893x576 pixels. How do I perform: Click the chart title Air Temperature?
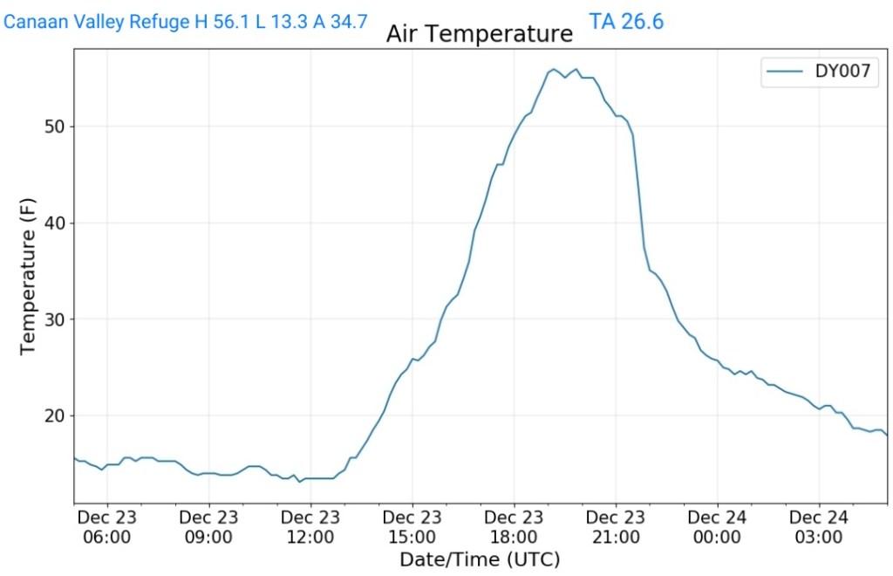pos(480,34)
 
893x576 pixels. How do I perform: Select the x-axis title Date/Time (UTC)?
pos(480,559)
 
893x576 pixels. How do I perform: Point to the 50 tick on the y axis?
pos(55,127)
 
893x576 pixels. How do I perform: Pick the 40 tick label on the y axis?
pos(55,223)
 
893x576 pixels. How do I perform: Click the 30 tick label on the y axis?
pos(55,319)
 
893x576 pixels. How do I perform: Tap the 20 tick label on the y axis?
pos(55,415)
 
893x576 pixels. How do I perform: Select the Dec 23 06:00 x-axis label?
pos(107,527)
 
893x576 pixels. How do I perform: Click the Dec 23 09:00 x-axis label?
pos(209,527)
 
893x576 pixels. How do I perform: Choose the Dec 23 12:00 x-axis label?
pos(310,527)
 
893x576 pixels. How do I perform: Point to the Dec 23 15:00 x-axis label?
pos(412,527)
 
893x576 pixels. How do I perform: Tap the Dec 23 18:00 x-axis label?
pos(514,527)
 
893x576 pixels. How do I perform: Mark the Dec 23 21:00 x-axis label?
pos(616,527)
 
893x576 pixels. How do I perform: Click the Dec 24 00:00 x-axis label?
pos(717,527)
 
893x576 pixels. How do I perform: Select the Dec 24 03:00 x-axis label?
pos(819,527)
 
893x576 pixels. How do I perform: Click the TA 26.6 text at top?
pos(626,21)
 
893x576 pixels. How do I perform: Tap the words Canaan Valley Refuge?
pos(98,21)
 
